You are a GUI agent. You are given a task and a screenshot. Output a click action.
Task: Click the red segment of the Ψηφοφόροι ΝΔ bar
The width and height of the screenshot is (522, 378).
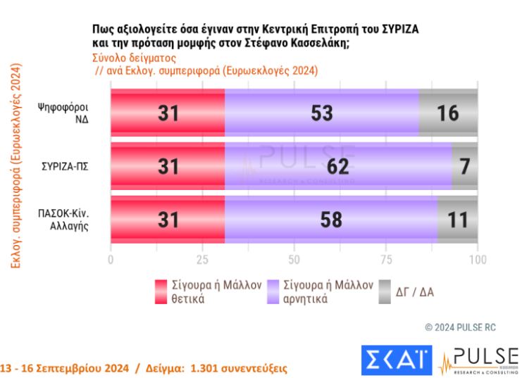168,113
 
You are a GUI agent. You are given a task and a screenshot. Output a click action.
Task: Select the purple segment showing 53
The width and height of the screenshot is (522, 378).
321,113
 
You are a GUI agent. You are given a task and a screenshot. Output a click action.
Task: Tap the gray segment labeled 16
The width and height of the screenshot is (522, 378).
448,113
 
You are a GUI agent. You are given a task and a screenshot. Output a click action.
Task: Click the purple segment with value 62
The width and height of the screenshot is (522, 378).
338,166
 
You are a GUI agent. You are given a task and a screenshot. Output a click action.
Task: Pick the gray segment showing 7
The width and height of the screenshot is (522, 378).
465,166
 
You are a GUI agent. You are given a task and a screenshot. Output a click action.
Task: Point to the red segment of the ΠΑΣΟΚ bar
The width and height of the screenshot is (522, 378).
168,220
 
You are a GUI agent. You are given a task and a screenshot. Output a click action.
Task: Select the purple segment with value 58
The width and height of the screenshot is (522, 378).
331,220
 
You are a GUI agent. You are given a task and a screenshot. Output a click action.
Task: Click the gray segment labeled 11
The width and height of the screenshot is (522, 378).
457,220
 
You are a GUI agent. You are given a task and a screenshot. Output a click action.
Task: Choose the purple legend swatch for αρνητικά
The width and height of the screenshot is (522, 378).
273,291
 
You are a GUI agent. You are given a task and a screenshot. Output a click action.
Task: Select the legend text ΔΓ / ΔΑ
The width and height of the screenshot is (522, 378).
415,291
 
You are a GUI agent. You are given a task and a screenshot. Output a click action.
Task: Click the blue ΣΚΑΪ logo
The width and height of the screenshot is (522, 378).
397,360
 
